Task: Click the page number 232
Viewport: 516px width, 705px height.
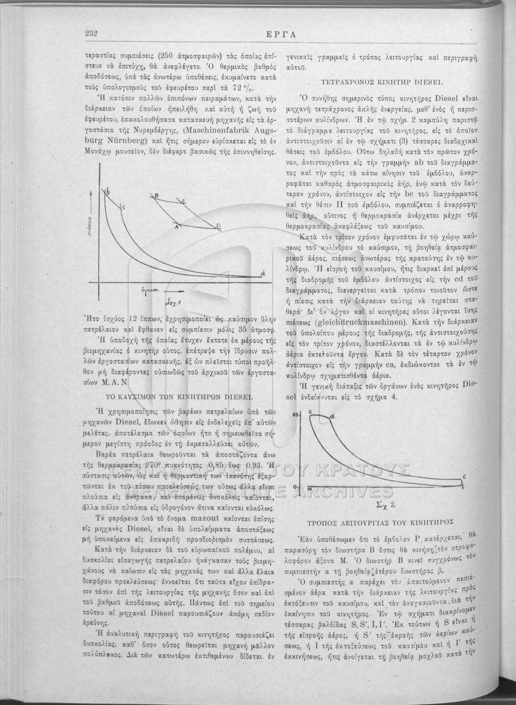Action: (91, 33)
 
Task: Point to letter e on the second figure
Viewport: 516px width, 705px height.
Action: (464, 475)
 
